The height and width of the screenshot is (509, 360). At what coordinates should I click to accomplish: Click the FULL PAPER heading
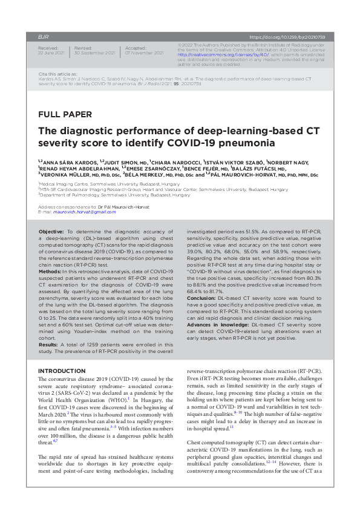(65, 114)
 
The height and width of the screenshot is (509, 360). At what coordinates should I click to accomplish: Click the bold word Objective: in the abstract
(51, 232)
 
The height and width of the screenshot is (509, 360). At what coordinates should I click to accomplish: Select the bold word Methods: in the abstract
(50, 272)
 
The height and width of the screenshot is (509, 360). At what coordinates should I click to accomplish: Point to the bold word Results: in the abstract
(49, 345)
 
